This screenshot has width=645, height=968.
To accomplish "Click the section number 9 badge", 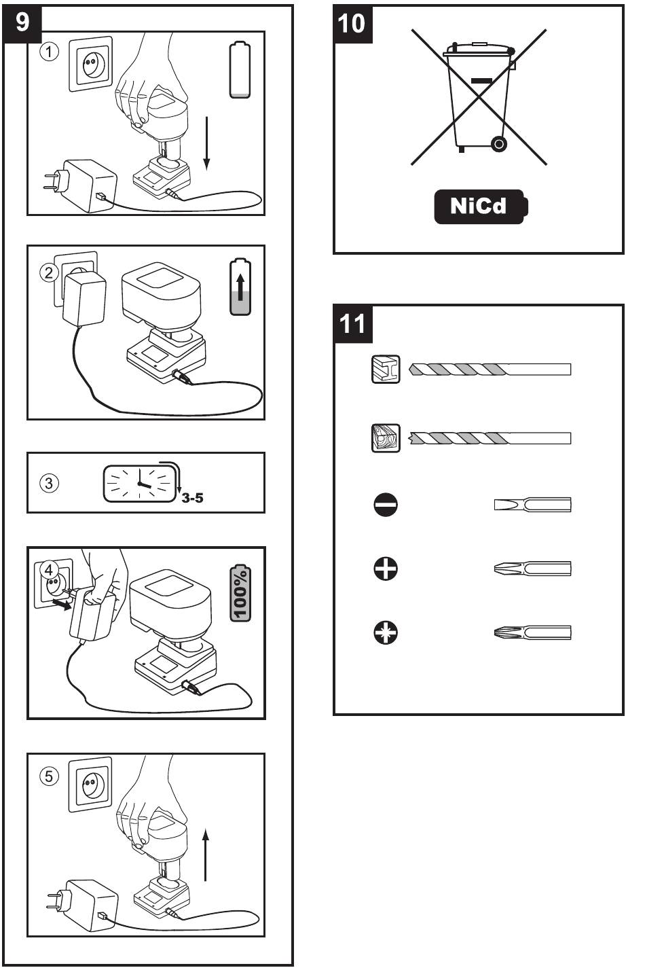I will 22,22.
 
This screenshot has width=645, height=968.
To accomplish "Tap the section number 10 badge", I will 351,22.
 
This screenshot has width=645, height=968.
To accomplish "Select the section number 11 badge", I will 351,323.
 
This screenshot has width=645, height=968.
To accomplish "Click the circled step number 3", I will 49,484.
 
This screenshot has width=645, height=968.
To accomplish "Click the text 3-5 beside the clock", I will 193,499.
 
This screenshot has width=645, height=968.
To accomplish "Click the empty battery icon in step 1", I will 240,71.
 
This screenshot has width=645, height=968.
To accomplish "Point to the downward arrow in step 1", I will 207,143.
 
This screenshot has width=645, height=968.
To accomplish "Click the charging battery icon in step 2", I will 240,286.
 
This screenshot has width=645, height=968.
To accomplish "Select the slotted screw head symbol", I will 386,505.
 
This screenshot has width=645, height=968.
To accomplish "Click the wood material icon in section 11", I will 386,438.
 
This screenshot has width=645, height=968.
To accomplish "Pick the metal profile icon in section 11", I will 386,370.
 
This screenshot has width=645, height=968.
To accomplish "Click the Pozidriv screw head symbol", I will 386,633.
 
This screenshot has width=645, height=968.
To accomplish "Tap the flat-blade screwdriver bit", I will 532,505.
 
